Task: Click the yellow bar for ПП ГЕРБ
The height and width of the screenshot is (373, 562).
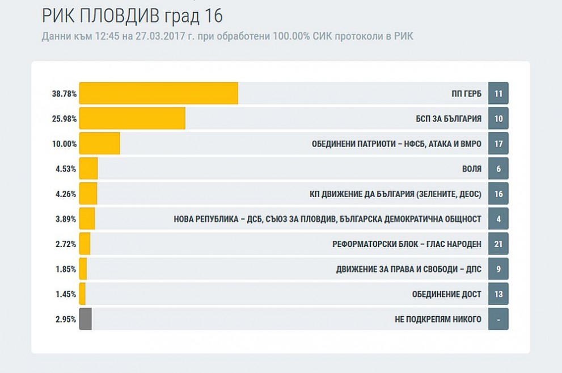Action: click(x=159, y=93)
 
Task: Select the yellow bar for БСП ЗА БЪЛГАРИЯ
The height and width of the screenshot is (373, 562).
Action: click(x=133, y=118)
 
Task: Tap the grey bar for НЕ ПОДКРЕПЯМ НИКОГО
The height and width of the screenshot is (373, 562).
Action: click(x=86, y=319)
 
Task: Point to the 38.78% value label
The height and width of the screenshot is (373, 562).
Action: click(x=65, y=94)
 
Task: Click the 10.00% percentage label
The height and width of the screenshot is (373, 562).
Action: click(x=65, y=144)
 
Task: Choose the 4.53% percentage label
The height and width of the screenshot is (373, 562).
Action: click(x=66, y=169)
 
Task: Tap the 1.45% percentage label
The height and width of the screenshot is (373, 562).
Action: click(x=66, y=294)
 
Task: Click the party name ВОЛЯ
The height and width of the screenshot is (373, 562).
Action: click(x=472, y=169)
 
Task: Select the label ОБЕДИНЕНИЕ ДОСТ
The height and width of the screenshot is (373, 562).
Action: click(x=446, y=294)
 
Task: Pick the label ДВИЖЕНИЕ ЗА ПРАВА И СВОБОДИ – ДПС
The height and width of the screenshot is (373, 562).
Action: click(x=408, y=269)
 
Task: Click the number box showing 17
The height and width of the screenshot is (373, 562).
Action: click(x=498, y=144)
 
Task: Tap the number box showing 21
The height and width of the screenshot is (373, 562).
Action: click(x=498, y=244)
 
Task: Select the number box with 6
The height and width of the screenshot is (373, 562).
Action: click(x=498, y=169)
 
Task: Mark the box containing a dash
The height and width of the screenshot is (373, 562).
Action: click(x=498, y=319)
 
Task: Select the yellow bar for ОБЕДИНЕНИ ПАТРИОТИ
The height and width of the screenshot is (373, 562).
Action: click(x=100, y=144)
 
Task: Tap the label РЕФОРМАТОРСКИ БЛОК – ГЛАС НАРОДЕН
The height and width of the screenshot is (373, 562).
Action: click(x=407, y=244)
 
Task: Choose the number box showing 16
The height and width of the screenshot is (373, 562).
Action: click(x=498, y=194)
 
